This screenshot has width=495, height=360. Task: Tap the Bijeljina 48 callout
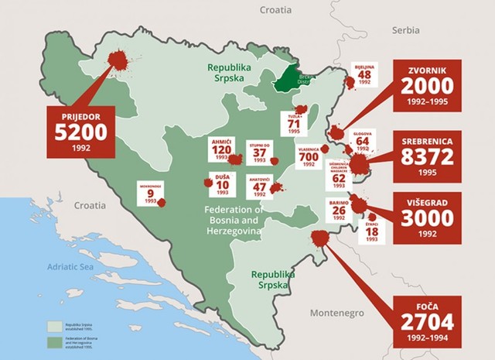(x=364, y=75)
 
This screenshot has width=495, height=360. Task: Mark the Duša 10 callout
(x=222, y=184)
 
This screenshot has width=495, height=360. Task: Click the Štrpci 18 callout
(x=371, y=231)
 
